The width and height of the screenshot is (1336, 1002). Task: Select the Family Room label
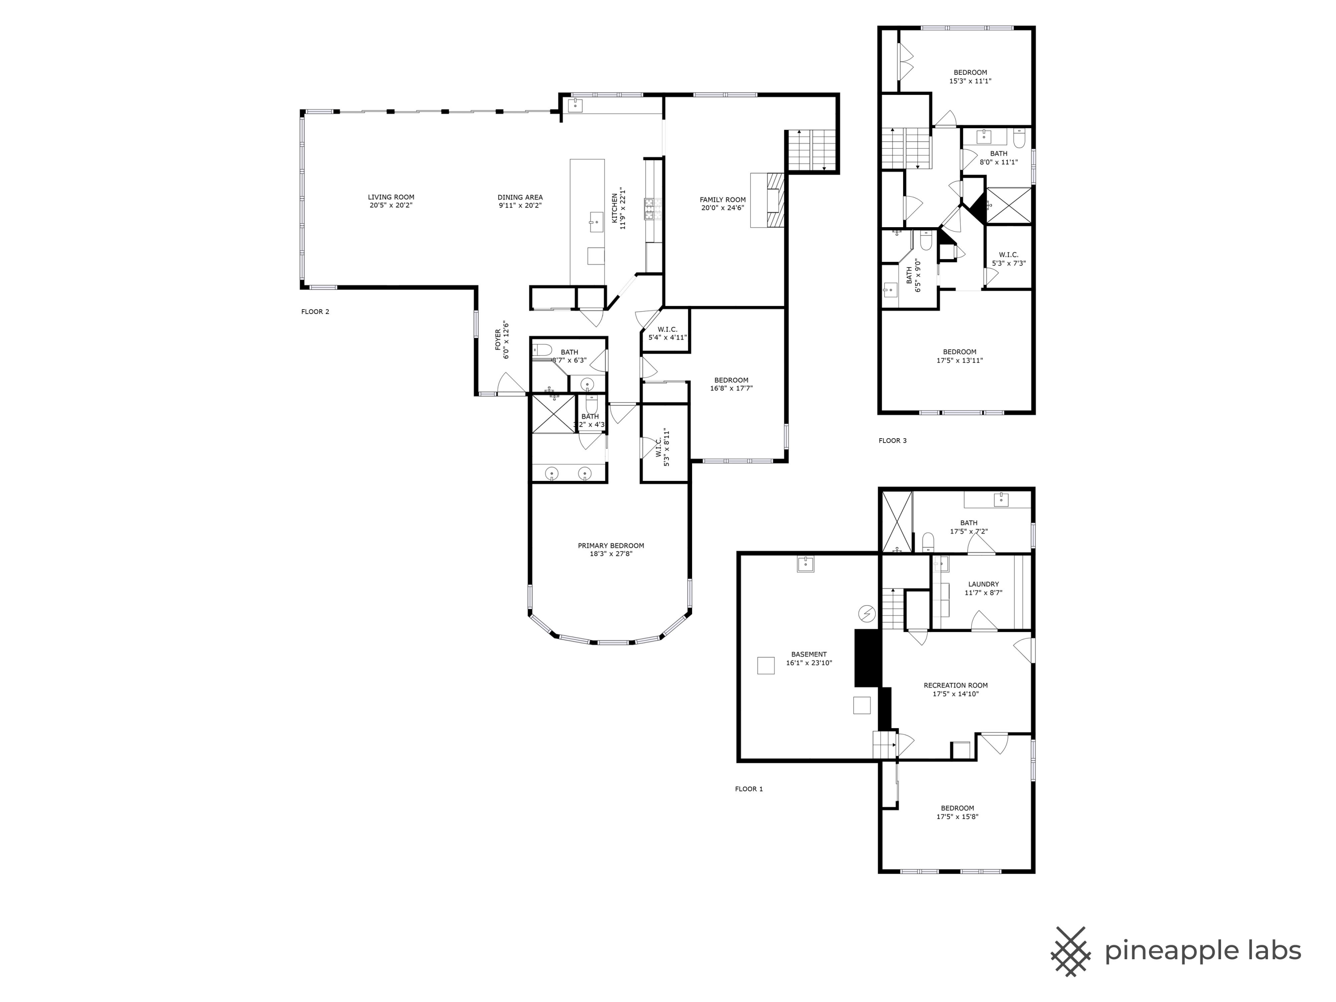(x=722, y=200)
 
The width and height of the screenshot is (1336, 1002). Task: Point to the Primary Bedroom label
(x=611, y=546)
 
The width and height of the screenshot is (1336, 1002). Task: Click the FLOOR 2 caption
(x=315, y=312)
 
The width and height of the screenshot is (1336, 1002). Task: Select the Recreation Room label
(x=956, y=685)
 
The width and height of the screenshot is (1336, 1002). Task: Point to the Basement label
(x=809, y=655)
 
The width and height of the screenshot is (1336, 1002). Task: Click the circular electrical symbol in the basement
(x=867, y=614)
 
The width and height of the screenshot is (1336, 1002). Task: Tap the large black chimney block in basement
(x=866, y=658)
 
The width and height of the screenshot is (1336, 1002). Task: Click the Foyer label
(x=498, y=339)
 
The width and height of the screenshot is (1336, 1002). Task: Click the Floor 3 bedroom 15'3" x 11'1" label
(x=970, y=73)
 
